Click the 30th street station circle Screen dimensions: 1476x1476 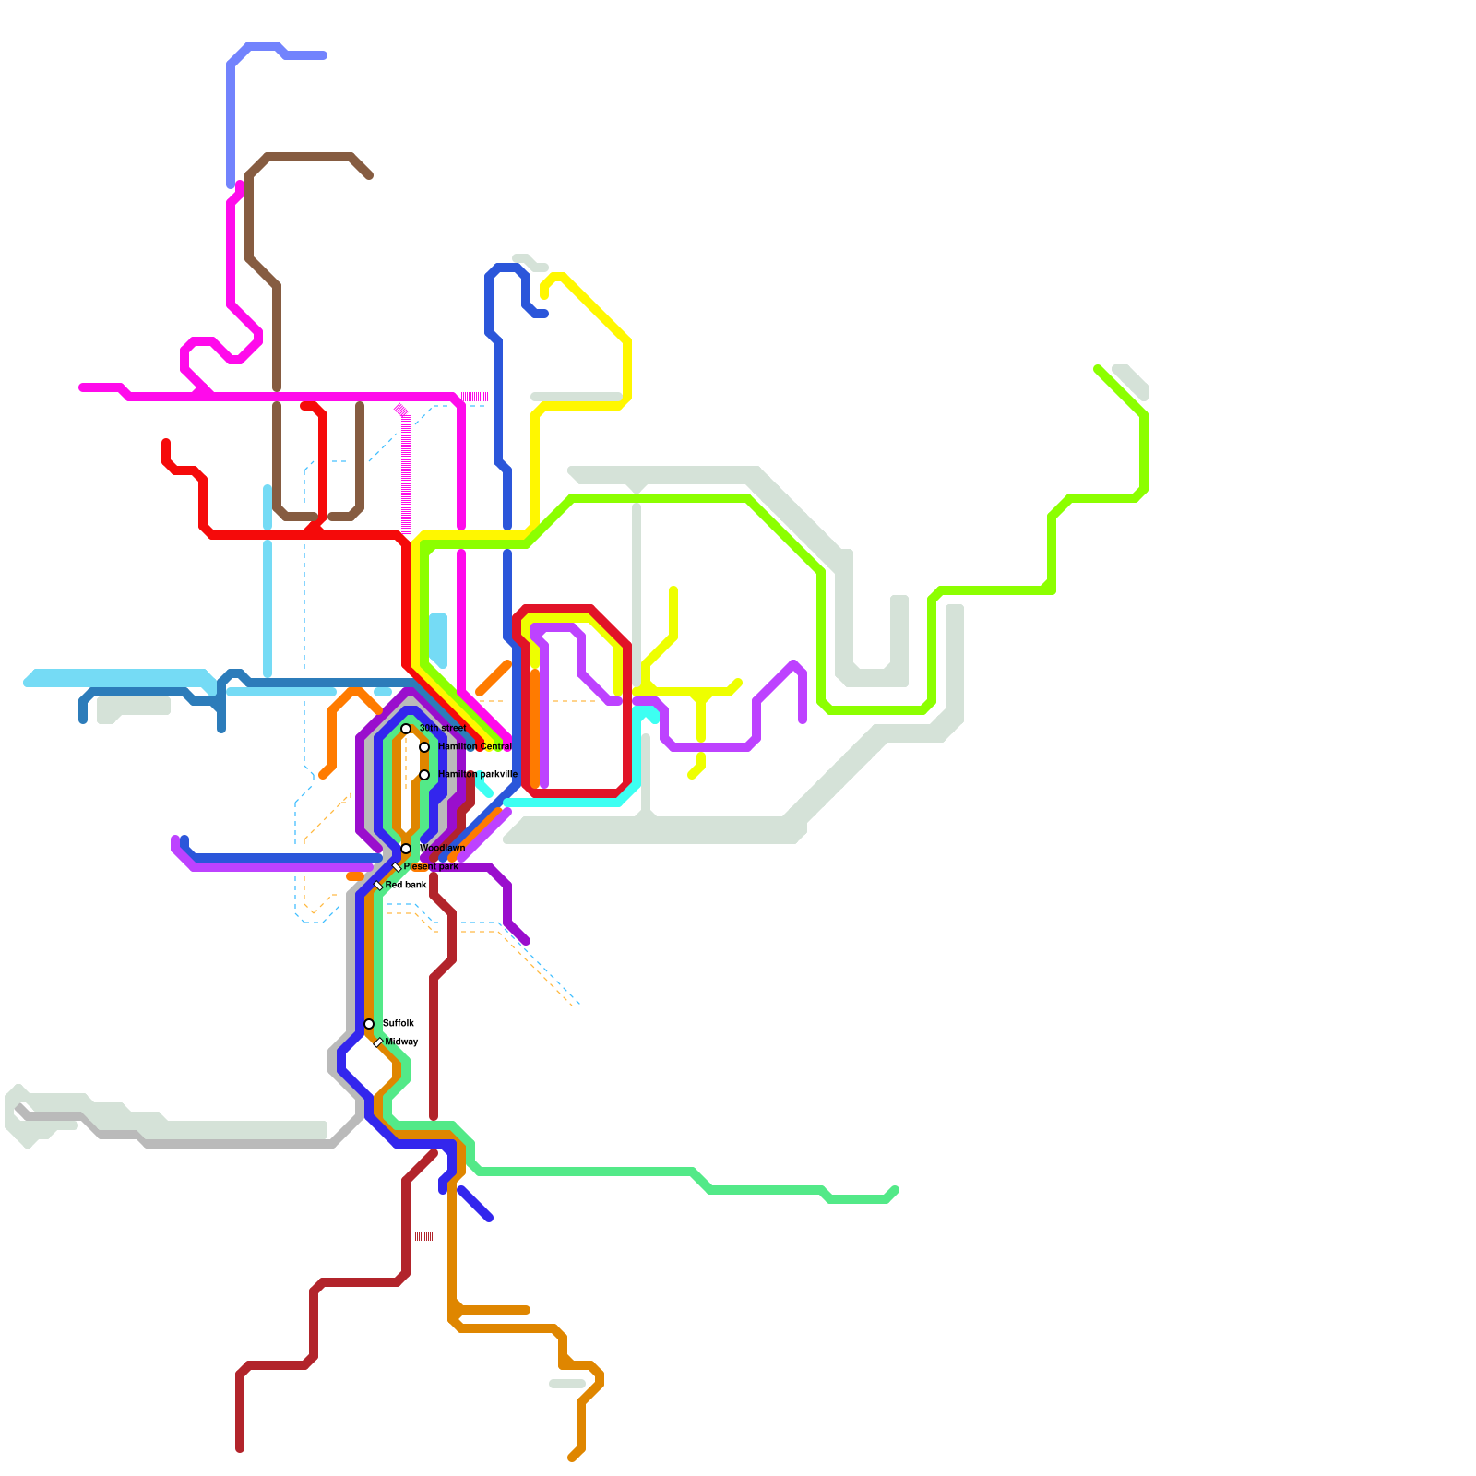pos(406,729)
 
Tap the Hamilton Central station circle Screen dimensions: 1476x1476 pos(424,747)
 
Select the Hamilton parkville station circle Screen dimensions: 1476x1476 pos(424,775)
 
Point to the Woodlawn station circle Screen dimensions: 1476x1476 pos(406,849)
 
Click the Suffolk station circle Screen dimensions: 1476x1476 pos(369,1024)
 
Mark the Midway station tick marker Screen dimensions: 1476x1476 pos(378,1042)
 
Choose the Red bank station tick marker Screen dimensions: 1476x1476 pos(378,886)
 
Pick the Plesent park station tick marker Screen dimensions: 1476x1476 pos(397,867)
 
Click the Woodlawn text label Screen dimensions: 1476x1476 pos(442,848)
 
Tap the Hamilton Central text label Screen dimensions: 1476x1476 pos(474,746)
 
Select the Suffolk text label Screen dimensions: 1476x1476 pos(399,1023)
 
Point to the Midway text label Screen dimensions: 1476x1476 pos(402,1042)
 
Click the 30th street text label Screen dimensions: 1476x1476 pos(442,728)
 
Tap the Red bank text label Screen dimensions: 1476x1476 pos(406,885)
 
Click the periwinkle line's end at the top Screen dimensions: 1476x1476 pos(323,55)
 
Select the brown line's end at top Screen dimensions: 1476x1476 pos(369,174)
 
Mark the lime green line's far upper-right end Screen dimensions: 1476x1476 pos(1098,369)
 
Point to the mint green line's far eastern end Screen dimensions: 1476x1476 pos(895,1190)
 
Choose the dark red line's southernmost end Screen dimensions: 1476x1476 pos(240,1448)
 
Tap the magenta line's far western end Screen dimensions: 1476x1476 pos(83,387)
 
